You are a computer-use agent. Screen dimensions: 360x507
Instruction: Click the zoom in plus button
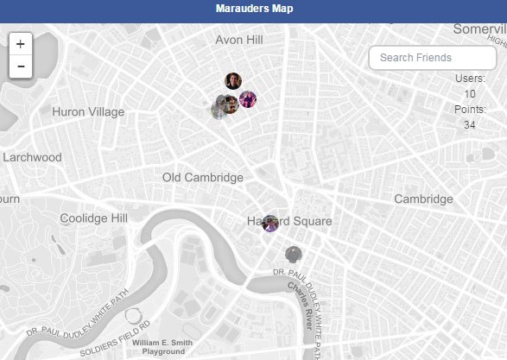pyautogui.click(x=20, y=44)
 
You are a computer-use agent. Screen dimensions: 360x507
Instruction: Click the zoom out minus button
pyautogui.click(x=20, y=66)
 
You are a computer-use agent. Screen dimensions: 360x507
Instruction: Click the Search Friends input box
pyautogui.click(x=432, y=58)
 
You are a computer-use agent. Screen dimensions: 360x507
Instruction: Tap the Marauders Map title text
pyautogui.click(x=254, y=9)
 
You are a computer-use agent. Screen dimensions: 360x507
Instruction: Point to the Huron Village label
pyautogui.click(x=88, y=112)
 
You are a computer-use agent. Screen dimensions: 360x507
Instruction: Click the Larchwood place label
pyautogui.click(x=32, y=157)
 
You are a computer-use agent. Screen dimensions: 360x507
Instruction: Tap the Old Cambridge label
pyautogui.click(x=203, y=178)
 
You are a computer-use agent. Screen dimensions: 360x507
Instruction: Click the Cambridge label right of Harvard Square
pyautogui.click(x=423, y=199)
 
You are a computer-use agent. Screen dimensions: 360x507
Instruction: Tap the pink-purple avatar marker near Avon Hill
pyautogui.click(x=248, y=99)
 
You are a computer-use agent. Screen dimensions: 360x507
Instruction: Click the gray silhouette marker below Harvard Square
pyautogui.click(x=295, y=254)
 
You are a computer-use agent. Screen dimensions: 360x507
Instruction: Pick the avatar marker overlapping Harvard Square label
pyautogui.click(x=270, y=223)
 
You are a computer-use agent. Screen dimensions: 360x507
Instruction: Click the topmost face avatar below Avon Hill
pyautogui.click(x=233, y=81)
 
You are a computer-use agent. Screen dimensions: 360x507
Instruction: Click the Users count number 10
pyautogui.click(x=469, y=94)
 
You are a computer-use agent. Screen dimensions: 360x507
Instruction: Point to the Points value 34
pyautogui.click(x=469, y=125)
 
